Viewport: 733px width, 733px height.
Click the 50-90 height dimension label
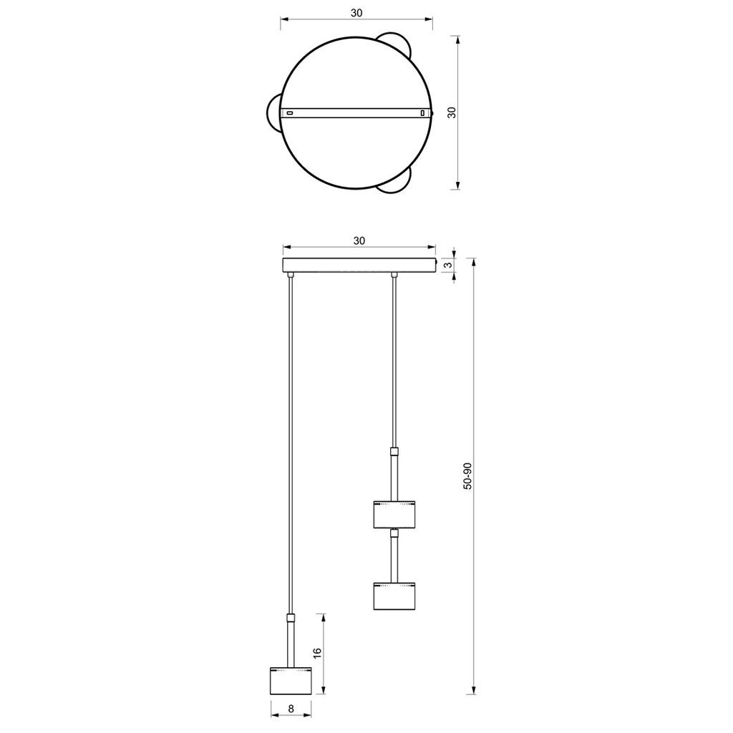coord(467,476)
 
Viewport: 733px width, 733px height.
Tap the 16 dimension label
coord(317,653)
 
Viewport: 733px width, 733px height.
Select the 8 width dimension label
coord(291,722)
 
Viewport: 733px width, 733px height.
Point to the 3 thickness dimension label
coord(448,265)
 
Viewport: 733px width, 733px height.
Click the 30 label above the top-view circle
coord(356,13)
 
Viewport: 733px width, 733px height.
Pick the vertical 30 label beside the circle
coord(452,112)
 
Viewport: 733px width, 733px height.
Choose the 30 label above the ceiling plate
coord(359,241)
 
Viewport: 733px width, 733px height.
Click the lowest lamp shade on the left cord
coord(291,680)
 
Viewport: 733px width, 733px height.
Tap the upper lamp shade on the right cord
coord(394,514)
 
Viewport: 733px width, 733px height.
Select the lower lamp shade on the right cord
coord(394,596)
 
